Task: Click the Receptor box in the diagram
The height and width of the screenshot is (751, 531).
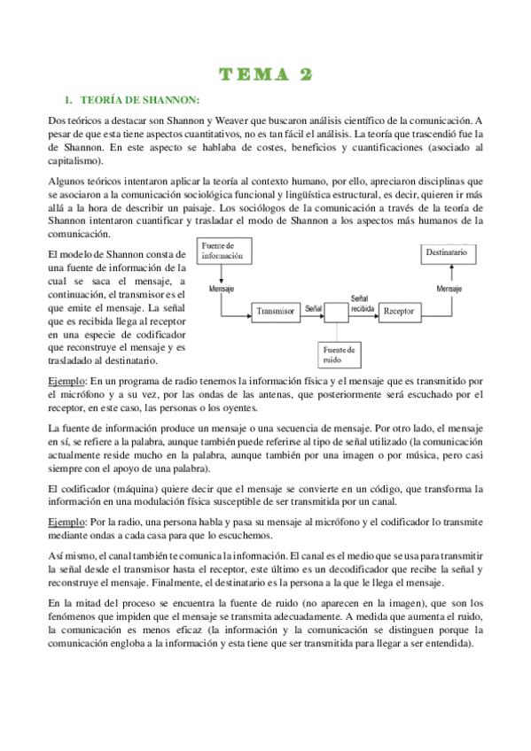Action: (404, 311)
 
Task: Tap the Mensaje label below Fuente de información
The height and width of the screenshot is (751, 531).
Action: (222, 289)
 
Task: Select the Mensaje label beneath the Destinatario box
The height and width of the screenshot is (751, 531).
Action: (452, 289)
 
